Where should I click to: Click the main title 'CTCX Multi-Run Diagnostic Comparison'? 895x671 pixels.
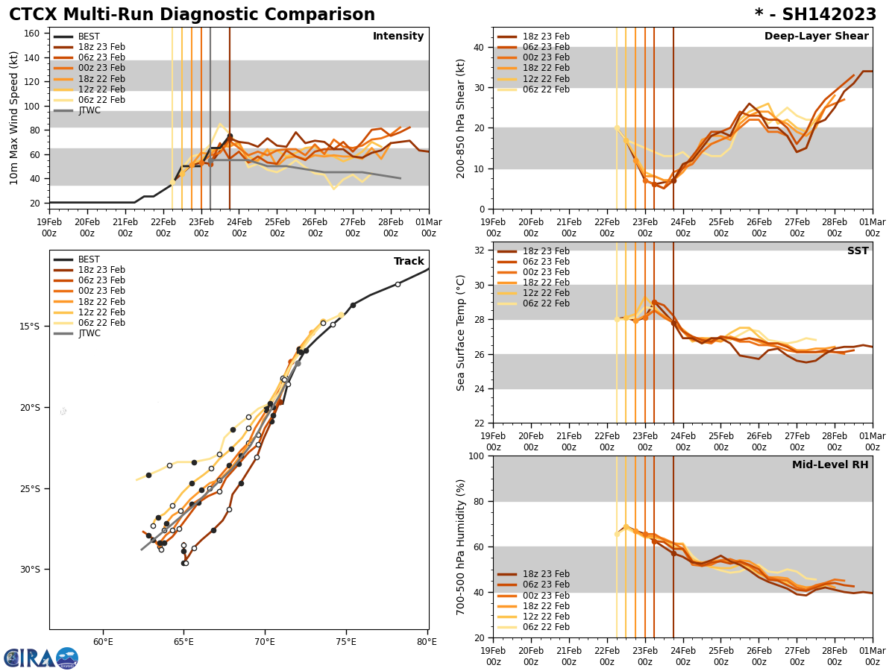pos(192,15)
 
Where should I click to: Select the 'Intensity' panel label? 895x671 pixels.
pos(398,37)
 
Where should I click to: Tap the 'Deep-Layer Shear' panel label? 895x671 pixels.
pos(816,37)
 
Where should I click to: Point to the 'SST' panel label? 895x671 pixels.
pos(857,251)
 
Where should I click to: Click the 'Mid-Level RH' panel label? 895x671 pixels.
pos(830,465)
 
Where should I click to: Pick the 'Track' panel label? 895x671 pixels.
pos(409,262)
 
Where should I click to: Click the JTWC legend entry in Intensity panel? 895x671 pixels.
pos(89,110)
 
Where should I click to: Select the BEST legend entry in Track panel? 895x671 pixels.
pos(89,259)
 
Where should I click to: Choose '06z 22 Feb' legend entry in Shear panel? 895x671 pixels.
pos(547,89)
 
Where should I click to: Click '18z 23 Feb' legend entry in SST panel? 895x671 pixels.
pos(547,251)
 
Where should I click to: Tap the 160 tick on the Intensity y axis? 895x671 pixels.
pos(34,34)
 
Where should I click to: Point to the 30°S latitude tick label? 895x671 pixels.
pos(30,570)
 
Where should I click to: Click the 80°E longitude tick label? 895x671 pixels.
pos(427,641)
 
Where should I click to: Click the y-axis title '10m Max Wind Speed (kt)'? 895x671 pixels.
pos(13,118)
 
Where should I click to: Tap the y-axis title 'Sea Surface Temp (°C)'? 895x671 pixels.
pos(462,333)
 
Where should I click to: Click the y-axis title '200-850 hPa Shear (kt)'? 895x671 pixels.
pos(462,118)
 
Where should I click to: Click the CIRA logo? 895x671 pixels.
pos(41,658)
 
